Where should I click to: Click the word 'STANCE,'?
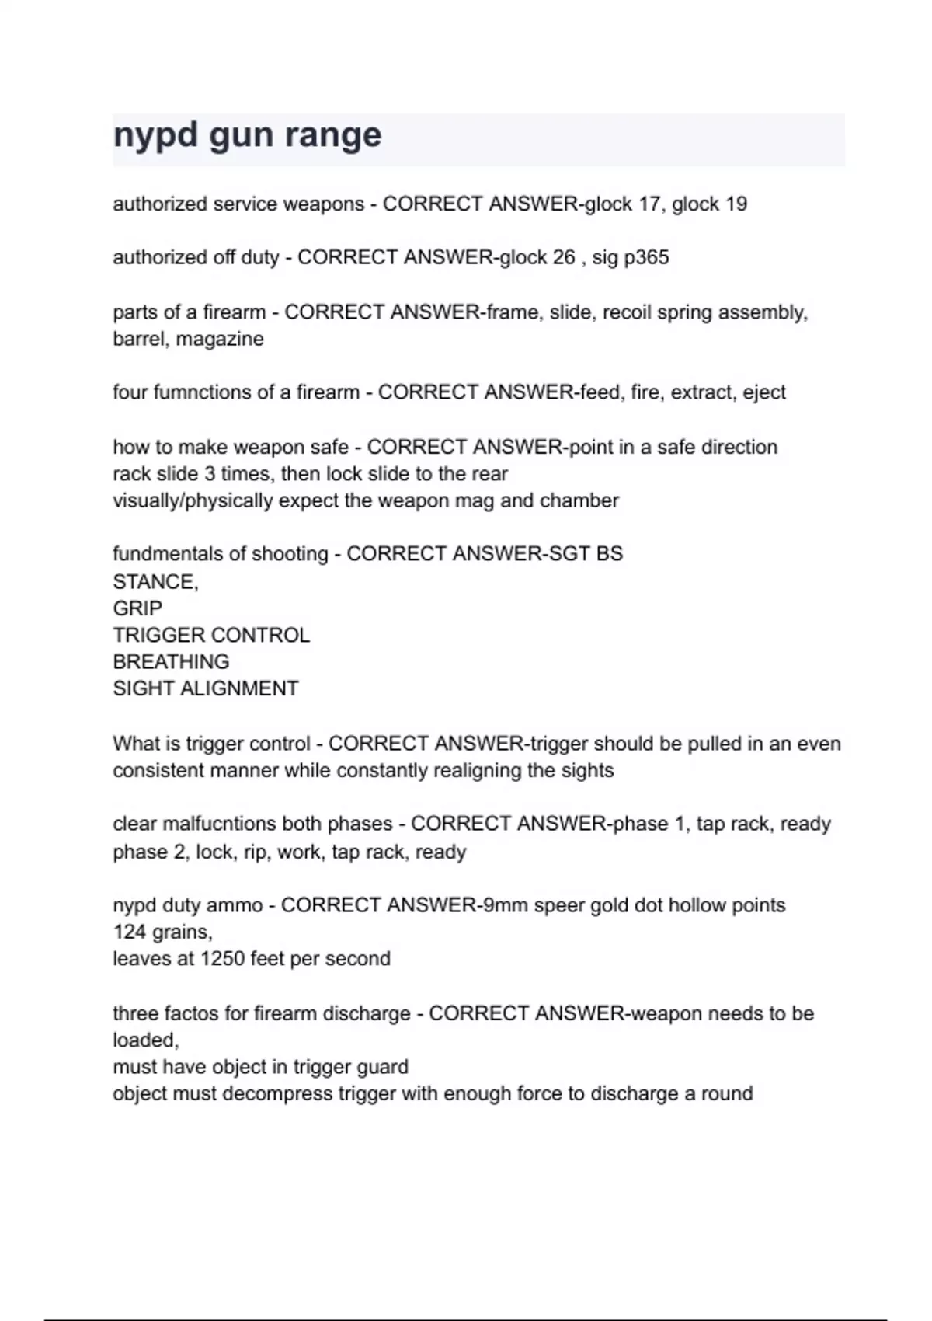pos(155,582)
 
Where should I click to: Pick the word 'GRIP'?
pos(137,608)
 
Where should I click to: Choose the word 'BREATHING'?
pos(171,662)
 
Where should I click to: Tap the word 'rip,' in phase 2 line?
pos(256,852)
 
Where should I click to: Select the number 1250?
pos(222,959)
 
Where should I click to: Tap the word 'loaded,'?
pos(146,1040)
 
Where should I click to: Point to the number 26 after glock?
pos(564,258)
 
